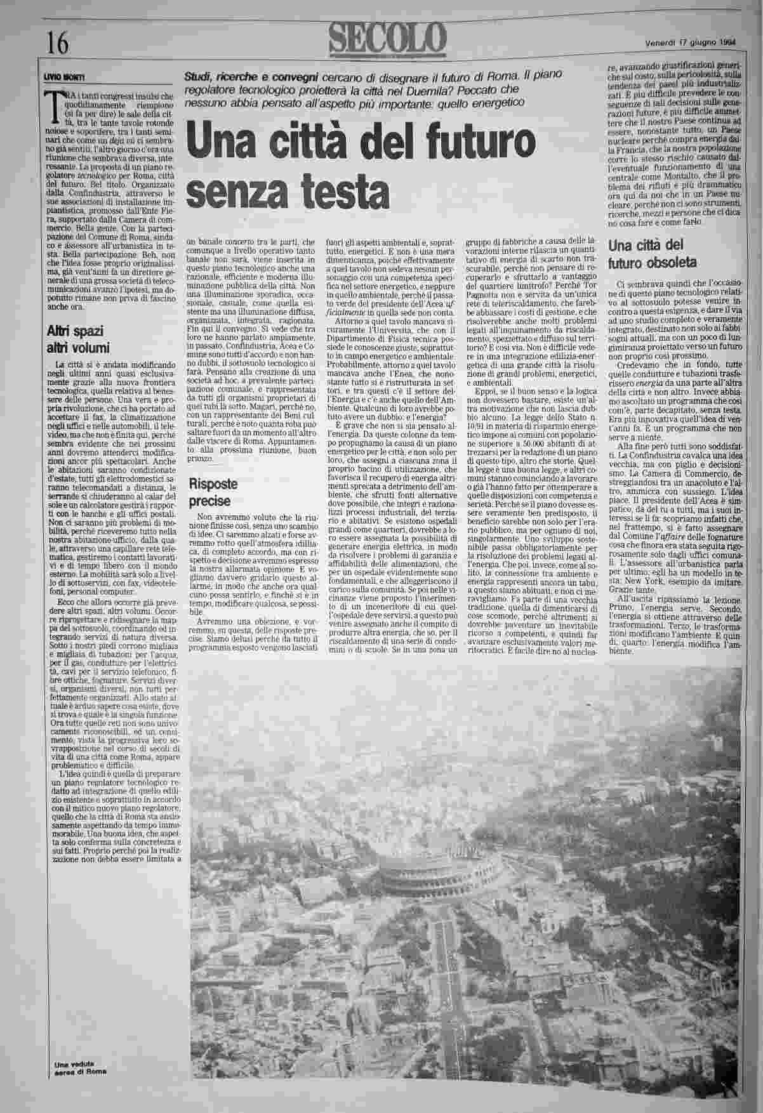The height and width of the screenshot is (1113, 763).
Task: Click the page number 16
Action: pyautogui.click(x=57, y=43)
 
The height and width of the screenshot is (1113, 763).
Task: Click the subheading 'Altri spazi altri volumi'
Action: pyautogui.click(x=79, y=339)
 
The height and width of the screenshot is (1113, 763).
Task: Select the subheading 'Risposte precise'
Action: pyautogui.click(x=213, y=492)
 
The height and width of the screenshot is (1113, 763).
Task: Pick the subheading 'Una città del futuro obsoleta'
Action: pyautogui.click(x=653, y=254)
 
